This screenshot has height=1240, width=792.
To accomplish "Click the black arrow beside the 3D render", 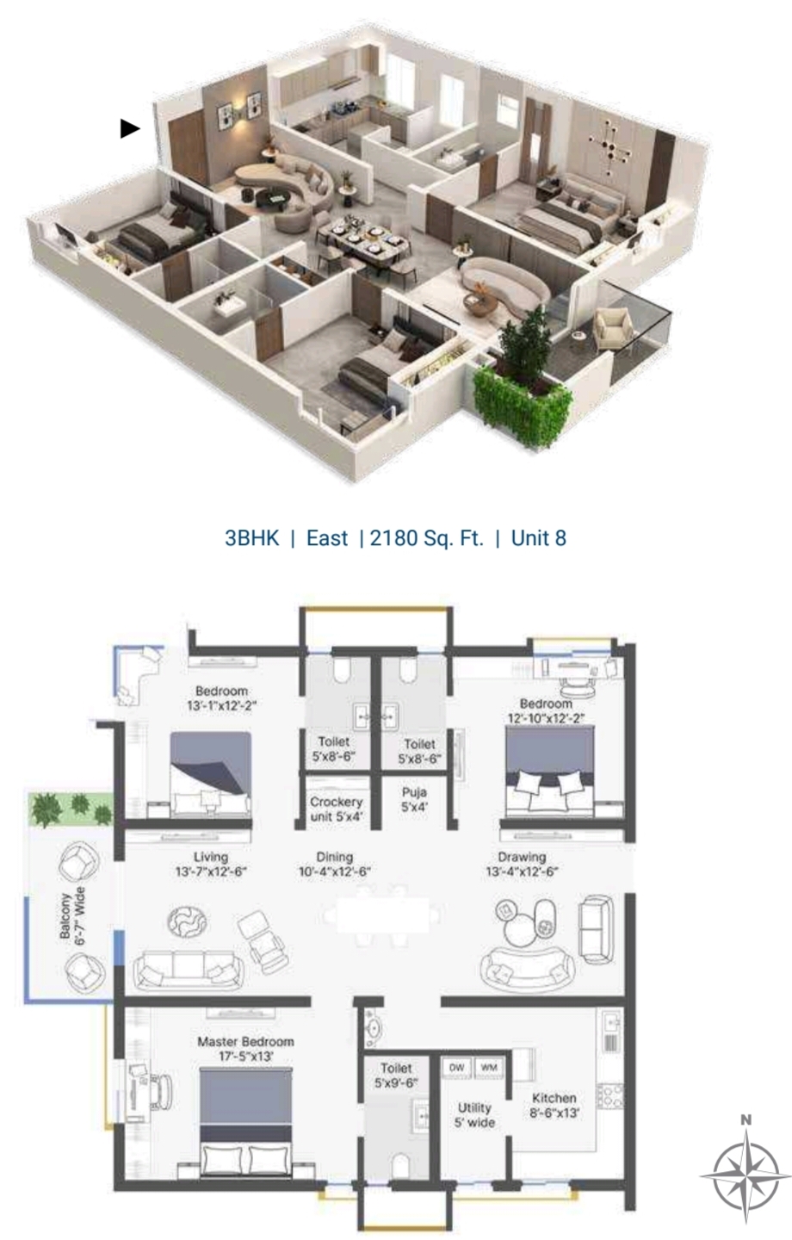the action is (129, 128).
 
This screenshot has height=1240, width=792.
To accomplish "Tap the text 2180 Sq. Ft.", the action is (426, 538).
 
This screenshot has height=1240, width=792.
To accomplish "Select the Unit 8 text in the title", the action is (539, 538).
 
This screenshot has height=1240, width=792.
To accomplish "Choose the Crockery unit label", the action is (336, 809).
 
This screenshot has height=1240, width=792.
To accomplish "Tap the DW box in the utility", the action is (456, 1067).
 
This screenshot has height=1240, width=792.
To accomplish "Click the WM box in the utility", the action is (489, 1067).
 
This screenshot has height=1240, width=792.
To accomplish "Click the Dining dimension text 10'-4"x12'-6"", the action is (334, 871).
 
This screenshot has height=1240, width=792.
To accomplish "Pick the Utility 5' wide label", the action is (474, 1115).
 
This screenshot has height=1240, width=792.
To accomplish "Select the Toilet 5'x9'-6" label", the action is (396, 1075).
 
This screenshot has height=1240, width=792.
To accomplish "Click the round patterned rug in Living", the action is (187, 921).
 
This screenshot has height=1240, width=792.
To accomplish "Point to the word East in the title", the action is (327, 538).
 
